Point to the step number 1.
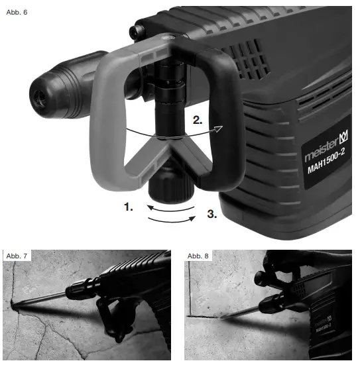pyautogui.click(x=129, y=207)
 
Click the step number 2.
pyautogui.click(x=198, y=121)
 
